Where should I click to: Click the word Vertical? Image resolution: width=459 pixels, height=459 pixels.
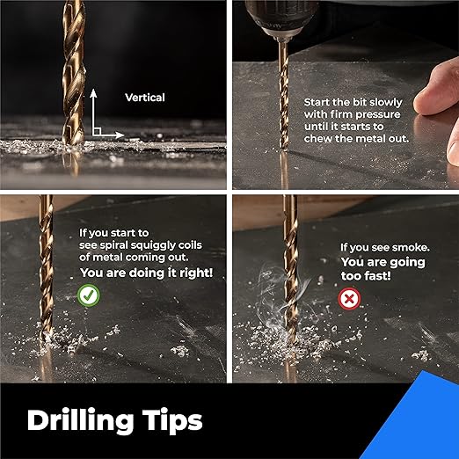[x=145, y=98]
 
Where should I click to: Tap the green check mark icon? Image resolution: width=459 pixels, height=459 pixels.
[x=89, y=295]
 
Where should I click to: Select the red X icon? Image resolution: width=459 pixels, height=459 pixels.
[x=349, y=299]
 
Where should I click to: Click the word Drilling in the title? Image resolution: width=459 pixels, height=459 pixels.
[x=80, y=421]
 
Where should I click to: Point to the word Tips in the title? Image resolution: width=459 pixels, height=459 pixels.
[x=172, y=421]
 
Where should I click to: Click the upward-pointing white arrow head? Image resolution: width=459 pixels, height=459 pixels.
[x=93, y=93]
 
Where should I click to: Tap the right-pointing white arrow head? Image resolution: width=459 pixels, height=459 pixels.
[x=120, y=135]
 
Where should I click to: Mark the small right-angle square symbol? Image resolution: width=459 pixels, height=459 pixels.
[x=97, y=131]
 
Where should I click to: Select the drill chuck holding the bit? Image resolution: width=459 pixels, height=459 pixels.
[x=281, y=19]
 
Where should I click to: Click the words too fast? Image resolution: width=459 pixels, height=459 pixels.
[x=366, y=276]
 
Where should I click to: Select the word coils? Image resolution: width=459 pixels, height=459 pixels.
[x=190, y=244]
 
